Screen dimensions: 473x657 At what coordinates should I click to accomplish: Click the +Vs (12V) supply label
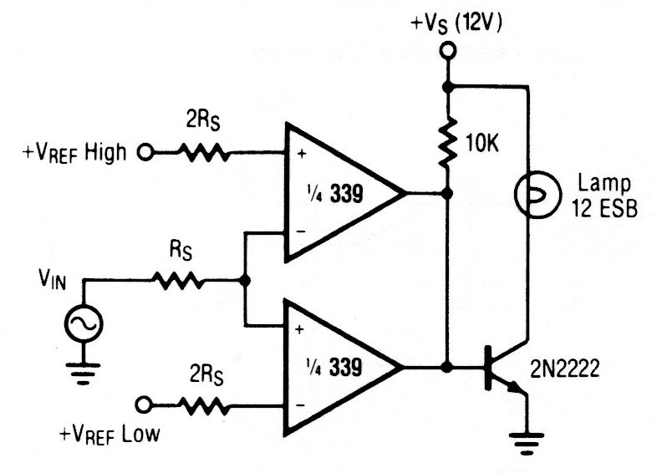pos(455,24)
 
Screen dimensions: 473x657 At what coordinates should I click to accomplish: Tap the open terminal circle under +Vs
pos(448,53)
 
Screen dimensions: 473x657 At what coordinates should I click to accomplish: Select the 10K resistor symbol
pos(448,140)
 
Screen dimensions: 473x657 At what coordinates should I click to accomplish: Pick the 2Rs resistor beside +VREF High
pos(203,152)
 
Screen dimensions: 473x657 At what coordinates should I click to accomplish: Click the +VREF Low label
pos(109,435)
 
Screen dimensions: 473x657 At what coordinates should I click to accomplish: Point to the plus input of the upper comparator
pos(298,155)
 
